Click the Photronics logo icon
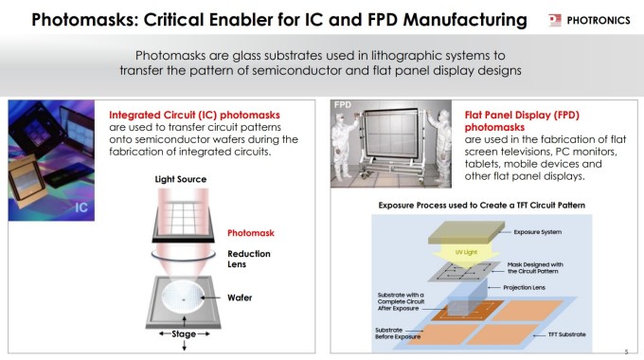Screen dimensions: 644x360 click(x=554, y=20)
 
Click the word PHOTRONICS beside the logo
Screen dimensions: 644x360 click(x=599, y=20)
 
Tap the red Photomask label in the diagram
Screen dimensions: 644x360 click(x=251, y=233)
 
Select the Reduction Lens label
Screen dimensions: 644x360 click(x=249, y=259)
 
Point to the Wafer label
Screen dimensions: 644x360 click(x=240, y=297)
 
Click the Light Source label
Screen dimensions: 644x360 click(x=181, y=179)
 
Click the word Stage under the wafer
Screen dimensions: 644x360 click(x=184, y=333)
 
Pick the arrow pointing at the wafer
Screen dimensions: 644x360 click(x=210, y=297)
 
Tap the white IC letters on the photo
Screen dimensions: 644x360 click(x=81, y=207)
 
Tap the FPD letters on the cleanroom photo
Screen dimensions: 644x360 click(x=343, y=105)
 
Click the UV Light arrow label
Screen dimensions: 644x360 click(x=466, y=252)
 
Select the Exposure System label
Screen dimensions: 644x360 click(x=538, y=232)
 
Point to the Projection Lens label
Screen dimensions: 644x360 click(x=524, y=287)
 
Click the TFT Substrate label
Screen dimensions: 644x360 click(x=566, y=334)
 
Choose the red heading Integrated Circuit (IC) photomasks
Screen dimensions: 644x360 click(x=194, y=115)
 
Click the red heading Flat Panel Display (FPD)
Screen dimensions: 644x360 click(x=522, y=115)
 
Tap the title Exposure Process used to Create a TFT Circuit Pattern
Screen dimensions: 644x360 click(x=482, y=205)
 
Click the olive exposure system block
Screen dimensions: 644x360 click(x=466, y=233)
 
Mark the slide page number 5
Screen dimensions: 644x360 click(x=626, y=351)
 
